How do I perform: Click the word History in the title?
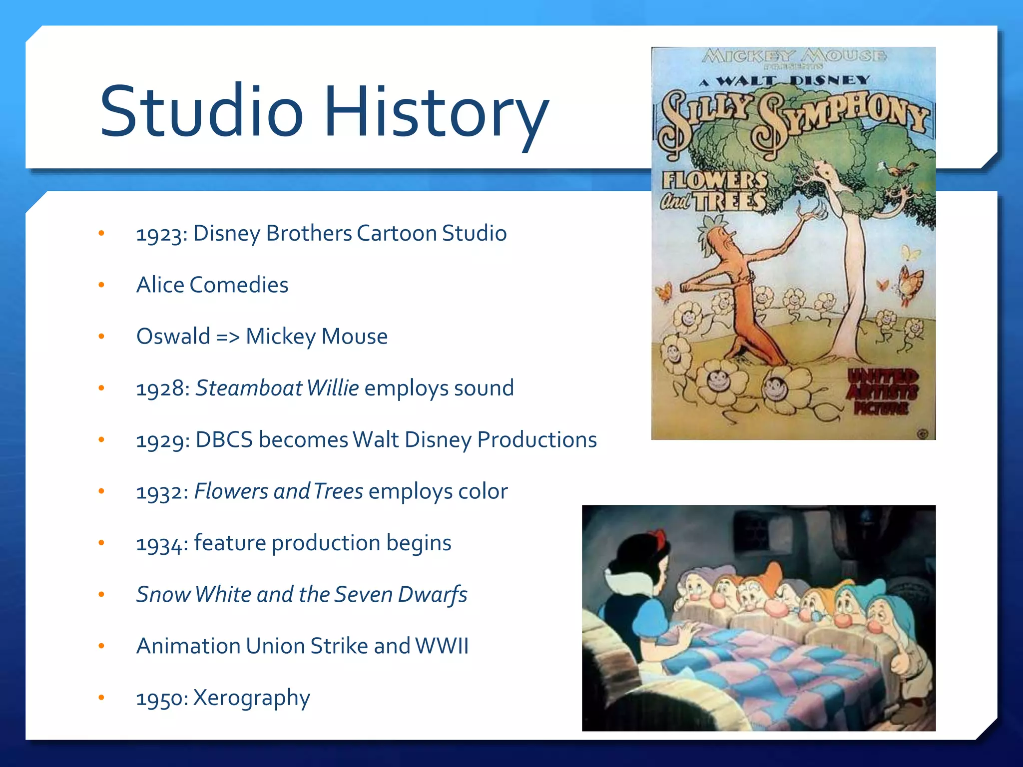pos(437,111)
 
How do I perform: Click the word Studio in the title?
pos(201,111)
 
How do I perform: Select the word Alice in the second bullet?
pos(160,285)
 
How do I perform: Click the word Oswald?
pos(173,336)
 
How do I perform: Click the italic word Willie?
pos(333,388)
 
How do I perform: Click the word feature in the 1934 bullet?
pos(230,543)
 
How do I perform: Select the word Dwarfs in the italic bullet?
pos(433,594)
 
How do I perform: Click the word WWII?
pos(442,646)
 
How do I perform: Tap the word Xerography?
pos(251,698)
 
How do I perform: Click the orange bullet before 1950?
pos(101,698)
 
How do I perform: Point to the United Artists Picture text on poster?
pos(882,392)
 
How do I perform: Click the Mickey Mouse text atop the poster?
pos(794,56)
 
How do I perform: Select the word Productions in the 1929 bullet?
pos(537,439)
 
